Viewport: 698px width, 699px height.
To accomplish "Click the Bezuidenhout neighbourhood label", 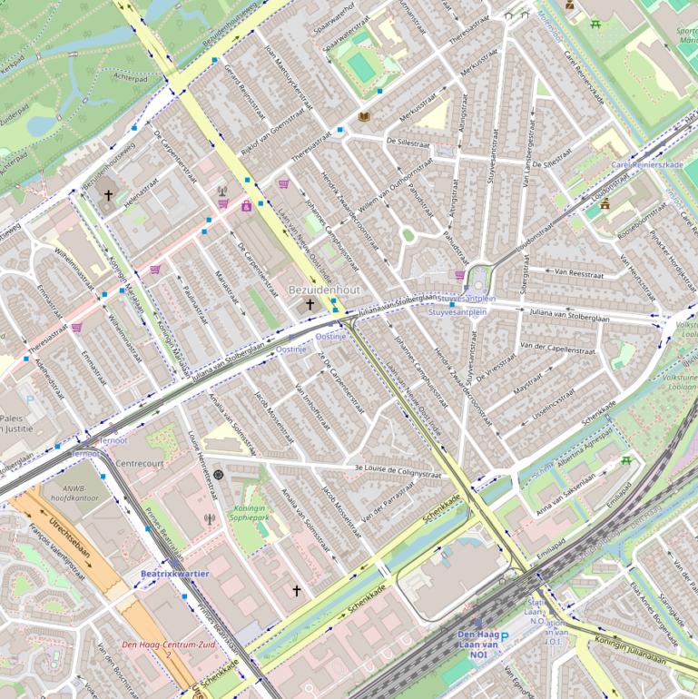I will pyautogui.click(x=324, y=289).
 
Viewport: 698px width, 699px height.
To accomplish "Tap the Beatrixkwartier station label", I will pyautogui.click(x=174, y=574).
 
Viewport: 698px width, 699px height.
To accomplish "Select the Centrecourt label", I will pyautogui.click(x=140, y=463).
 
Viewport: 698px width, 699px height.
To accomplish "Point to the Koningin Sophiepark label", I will pyautogui.click(x=254, y=515).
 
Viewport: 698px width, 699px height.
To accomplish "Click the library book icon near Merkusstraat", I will pyautogui.click(x=364, y=117).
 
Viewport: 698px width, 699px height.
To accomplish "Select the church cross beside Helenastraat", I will pyautogui.click(x=108, y=195).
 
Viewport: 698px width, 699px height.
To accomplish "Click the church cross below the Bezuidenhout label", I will pyautogui.click(x=310, y=305).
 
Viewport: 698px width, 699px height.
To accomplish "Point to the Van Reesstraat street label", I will pyautogui.click(x=579, y=271).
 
